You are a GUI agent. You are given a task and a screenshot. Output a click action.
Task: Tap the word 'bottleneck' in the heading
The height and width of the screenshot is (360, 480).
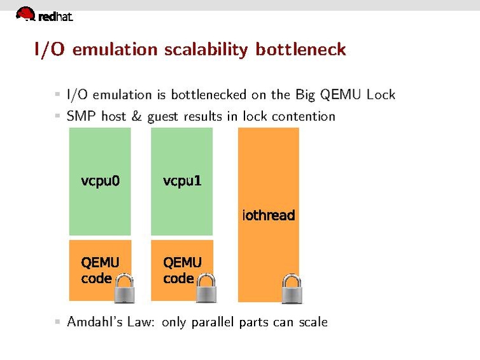pos(300,50)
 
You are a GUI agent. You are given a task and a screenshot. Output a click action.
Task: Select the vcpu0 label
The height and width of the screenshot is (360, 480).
pos(101,181)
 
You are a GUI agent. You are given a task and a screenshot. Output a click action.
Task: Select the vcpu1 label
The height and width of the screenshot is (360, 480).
pos(182,181)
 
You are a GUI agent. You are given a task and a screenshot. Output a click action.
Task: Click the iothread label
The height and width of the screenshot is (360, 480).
pos(268,216)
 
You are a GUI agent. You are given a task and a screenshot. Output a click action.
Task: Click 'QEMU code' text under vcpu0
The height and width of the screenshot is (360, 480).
pos(100,270)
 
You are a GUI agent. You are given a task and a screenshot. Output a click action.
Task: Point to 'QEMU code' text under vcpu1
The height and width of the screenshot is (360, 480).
pos(182,270)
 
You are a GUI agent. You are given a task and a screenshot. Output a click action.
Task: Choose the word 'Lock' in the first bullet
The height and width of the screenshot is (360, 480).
pos(381,95)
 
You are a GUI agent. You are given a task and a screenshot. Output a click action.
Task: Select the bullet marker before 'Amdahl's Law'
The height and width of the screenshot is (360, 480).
pos(57,322)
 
